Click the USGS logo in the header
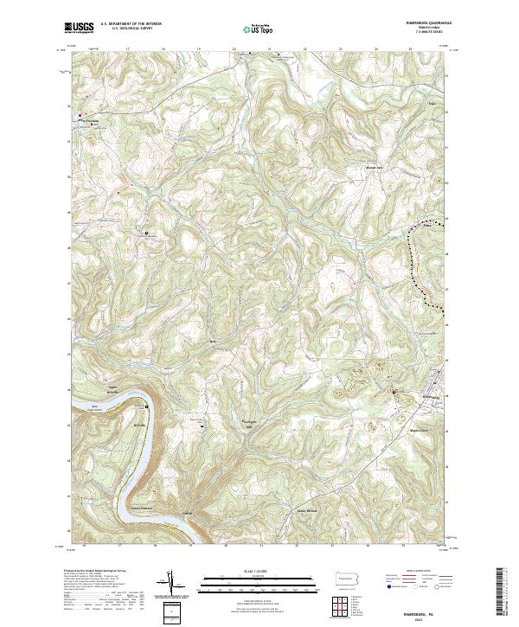pos(80,28)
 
